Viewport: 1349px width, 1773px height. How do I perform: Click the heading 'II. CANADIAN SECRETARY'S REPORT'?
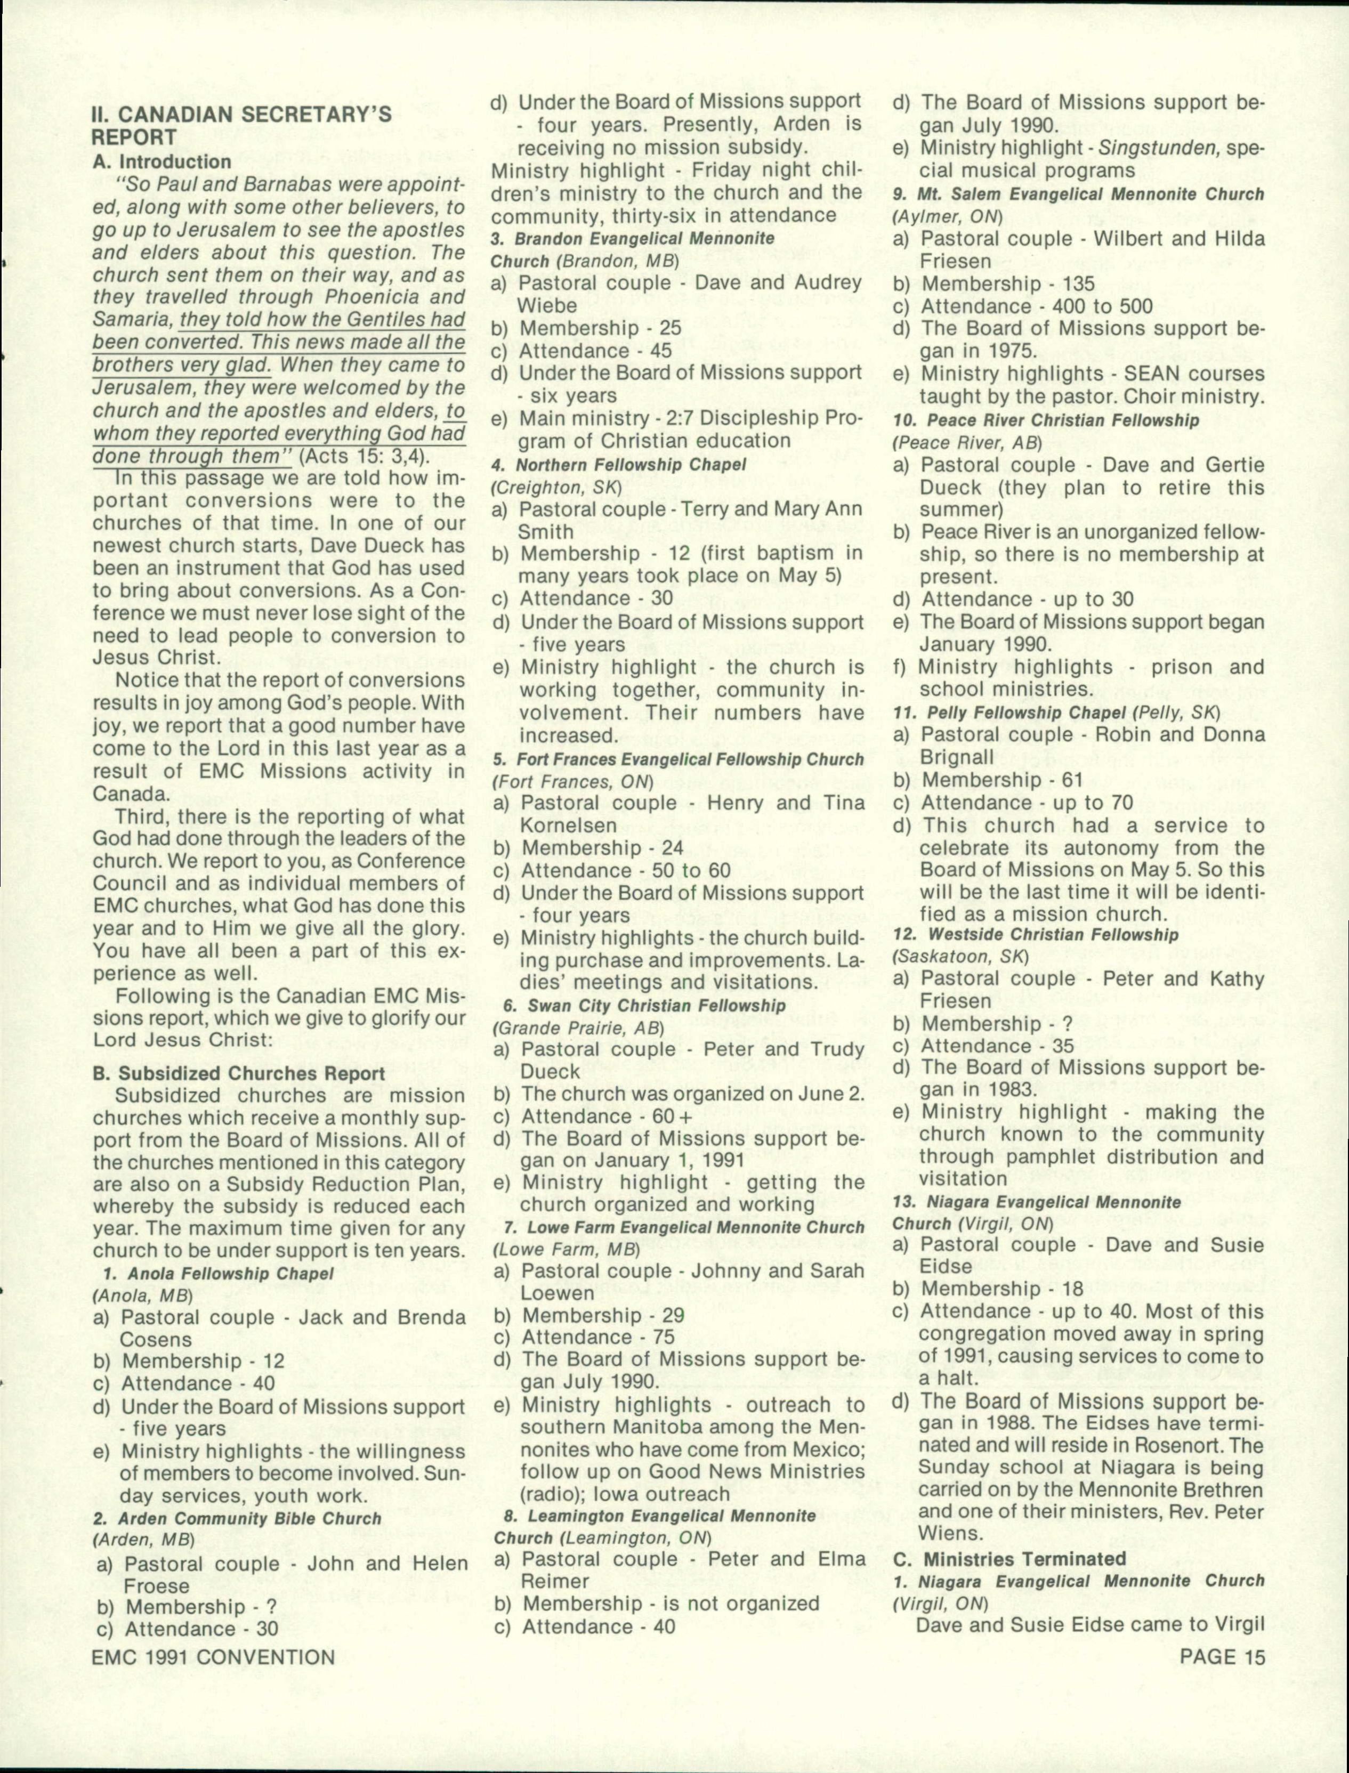[x=241, y=125]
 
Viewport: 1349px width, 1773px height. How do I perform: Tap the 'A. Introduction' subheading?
[x=161, y=162]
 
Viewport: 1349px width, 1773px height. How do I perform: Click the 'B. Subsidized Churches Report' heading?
[x=238, y=1073]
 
